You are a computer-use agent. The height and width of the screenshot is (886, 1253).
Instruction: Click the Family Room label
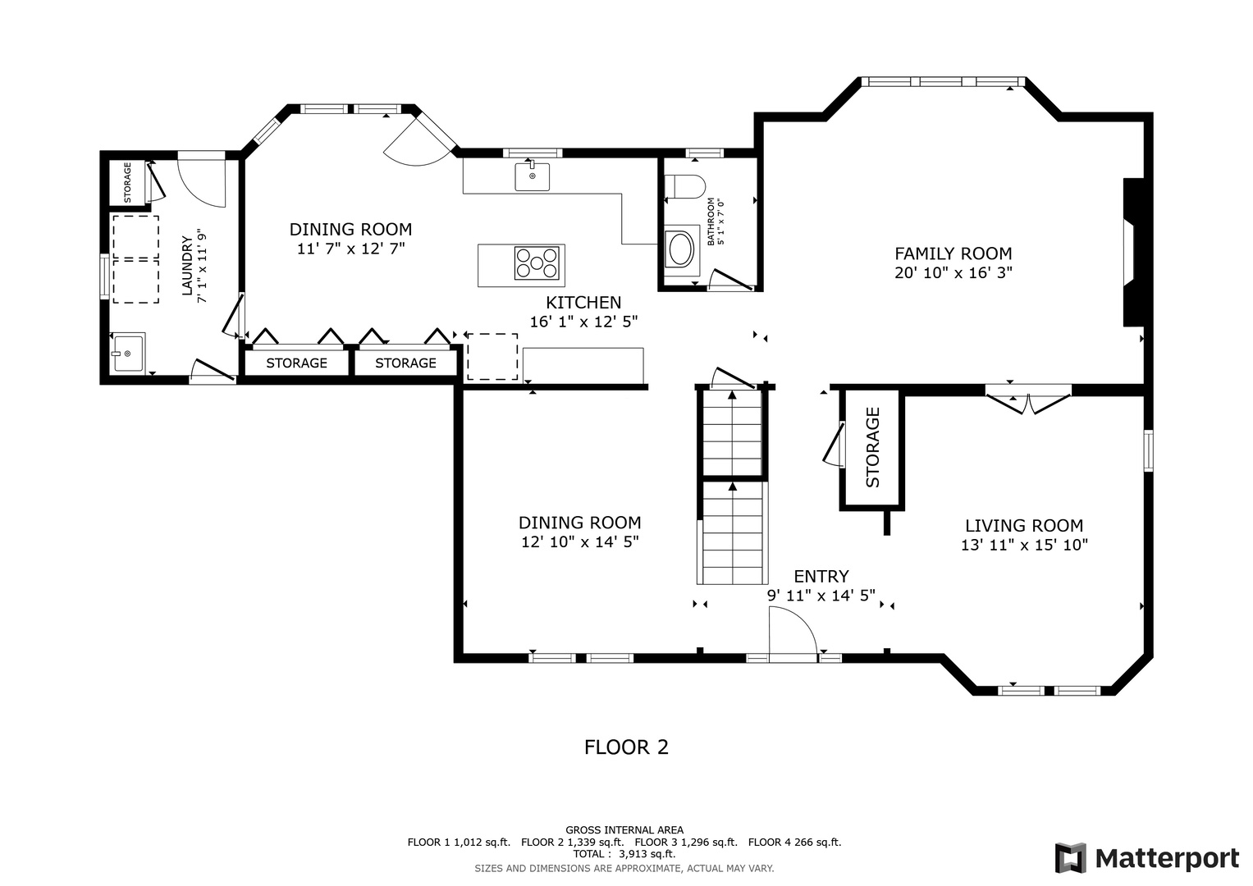(953, 254)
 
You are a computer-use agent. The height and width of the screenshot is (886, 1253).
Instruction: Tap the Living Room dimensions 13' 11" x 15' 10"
(1024, 545)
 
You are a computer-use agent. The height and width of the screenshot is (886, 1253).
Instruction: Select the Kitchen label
(583, 303)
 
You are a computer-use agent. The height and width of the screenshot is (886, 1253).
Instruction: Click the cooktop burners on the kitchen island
(537, 263)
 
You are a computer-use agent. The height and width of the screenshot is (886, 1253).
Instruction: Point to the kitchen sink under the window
(532, 176)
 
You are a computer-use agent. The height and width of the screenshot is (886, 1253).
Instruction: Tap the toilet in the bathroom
(684, 187)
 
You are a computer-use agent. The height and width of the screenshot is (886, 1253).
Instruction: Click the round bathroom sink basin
(681, 249)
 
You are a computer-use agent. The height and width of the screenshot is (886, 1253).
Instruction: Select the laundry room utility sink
(129, 353)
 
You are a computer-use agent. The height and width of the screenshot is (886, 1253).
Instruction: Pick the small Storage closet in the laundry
(127, 182)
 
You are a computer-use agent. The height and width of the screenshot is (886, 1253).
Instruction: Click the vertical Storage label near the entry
(872, 447)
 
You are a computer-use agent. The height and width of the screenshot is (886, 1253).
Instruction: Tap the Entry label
(821, 576)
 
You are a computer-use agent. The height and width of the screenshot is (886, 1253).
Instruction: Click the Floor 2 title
(627, 747)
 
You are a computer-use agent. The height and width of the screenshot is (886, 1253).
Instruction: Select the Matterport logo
(1146, 859)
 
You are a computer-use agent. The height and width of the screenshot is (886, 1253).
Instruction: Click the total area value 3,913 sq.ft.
(647, 854)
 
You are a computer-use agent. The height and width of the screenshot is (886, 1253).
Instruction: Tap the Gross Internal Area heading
(624, 830)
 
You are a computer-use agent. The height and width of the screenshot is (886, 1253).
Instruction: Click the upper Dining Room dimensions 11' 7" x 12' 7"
(350, 249)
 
